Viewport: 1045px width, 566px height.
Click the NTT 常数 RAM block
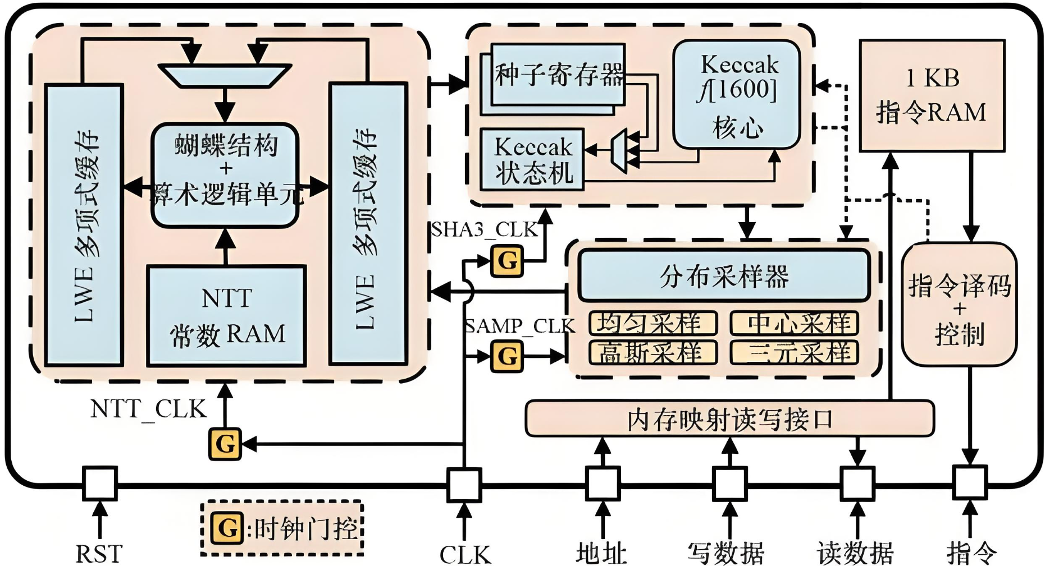(x=226, y=316)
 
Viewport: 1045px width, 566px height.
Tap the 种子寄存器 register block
(x=558, y=75)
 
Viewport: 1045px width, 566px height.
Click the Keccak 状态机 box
(x=532, y=160)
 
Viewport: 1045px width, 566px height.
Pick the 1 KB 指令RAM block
(x=932, y=95)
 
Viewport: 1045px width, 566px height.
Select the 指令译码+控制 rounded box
(x=959, y=305)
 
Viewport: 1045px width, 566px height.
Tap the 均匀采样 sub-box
(x=652, y=323)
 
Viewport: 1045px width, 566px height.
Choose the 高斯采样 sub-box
(x=652, y=353)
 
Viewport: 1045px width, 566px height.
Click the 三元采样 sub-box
(x=794, y=353)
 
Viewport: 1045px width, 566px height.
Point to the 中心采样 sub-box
(x=794, y=323)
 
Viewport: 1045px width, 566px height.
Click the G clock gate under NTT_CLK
(x=225, y=444)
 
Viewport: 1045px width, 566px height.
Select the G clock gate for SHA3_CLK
(x=507, y=261)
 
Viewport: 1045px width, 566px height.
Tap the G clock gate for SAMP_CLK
(x=507, y=356)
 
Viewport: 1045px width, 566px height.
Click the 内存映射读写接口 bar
(x=729, y=419)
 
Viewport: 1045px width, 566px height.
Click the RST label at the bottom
(x=99, y=554)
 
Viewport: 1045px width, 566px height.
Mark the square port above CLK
(x=464, y=485)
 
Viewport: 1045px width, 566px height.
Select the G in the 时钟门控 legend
(x=227, y=528)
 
